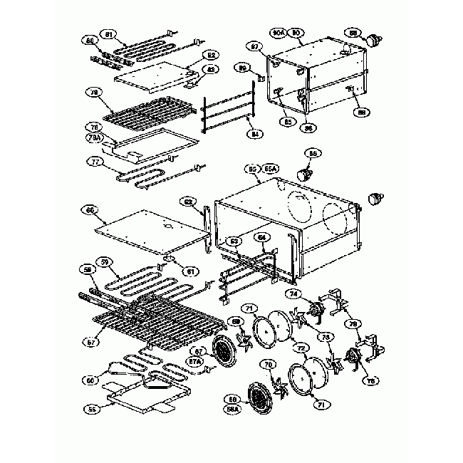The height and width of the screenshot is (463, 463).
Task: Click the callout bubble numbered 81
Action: coord(109,34)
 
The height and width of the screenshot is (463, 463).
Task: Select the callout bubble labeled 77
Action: coord(90,162)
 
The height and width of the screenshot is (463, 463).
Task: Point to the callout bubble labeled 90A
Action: coord(279,33)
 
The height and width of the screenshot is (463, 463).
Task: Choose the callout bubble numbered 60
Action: coord(90,210)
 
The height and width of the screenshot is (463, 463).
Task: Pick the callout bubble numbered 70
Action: coord(269,364)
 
